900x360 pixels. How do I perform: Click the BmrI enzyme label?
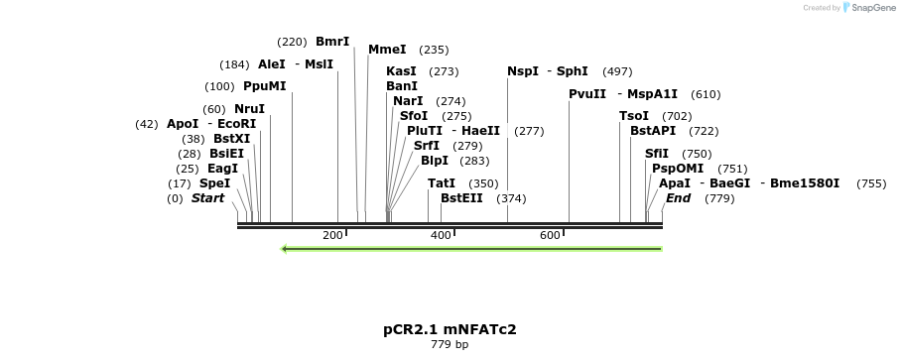(332, 42)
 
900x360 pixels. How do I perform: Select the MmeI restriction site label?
(387, 50)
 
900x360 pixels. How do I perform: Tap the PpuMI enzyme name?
(265, 86)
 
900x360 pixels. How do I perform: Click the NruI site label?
(250, 109)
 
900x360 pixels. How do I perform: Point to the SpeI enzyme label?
(214, 184)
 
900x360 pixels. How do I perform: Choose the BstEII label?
(461, 198)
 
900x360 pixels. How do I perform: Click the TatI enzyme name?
(442, 183)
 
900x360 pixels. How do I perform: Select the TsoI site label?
(634, 116)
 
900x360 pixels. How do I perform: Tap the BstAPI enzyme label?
(653, 131)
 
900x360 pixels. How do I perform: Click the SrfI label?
(427, 146)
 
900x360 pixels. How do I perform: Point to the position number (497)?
(617, 71)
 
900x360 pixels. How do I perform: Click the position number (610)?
(706, 94)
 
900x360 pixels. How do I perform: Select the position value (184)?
(235, 64)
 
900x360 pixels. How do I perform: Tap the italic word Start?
(207, 198)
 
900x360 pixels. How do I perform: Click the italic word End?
(678, 198)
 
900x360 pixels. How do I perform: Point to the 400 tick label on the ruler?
(441, 235)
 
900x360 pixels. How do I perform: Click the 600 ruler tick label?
(550, 235)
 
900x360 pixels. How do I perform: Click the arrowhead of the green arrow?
(284, 249)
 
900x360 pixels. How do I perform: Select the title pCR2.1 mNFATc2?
(450, 329)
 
